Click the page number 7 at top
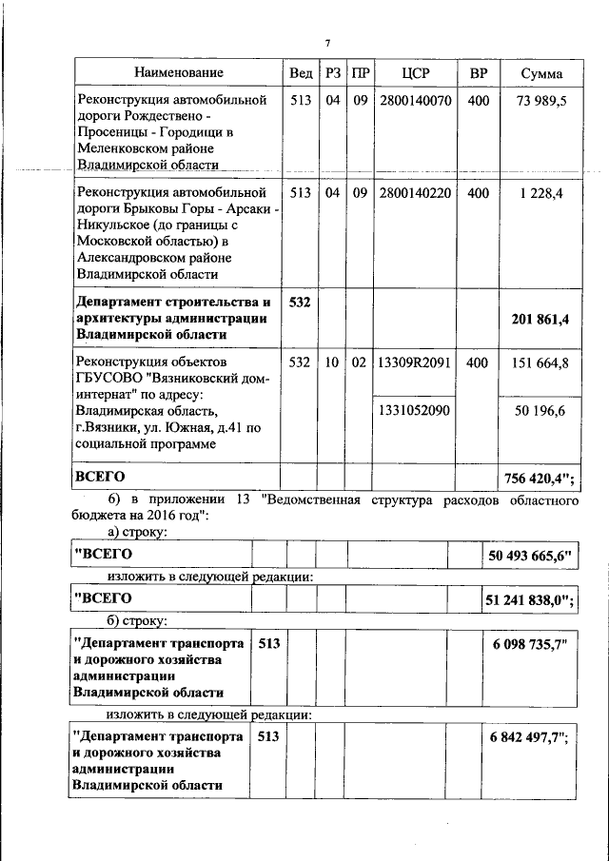point(326,43)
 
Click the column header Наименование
point(178,73)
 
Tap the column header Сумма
point(541,73)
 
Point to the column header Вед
point(301,73)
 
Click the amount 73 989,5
point(541,101)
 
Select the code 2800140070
point(415,101)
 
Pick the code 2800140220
point(415,193)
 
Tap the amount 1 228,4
point(541,193)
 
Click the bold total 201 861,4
point(540,319)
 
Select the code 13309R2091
point(415,362)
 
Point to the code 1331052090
point(415,409)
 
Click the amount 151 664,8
point(541,362)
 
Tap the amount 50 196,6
point(541,409)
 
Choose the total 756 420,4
point(541,476)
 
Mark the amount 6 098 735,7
point(529,644)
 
